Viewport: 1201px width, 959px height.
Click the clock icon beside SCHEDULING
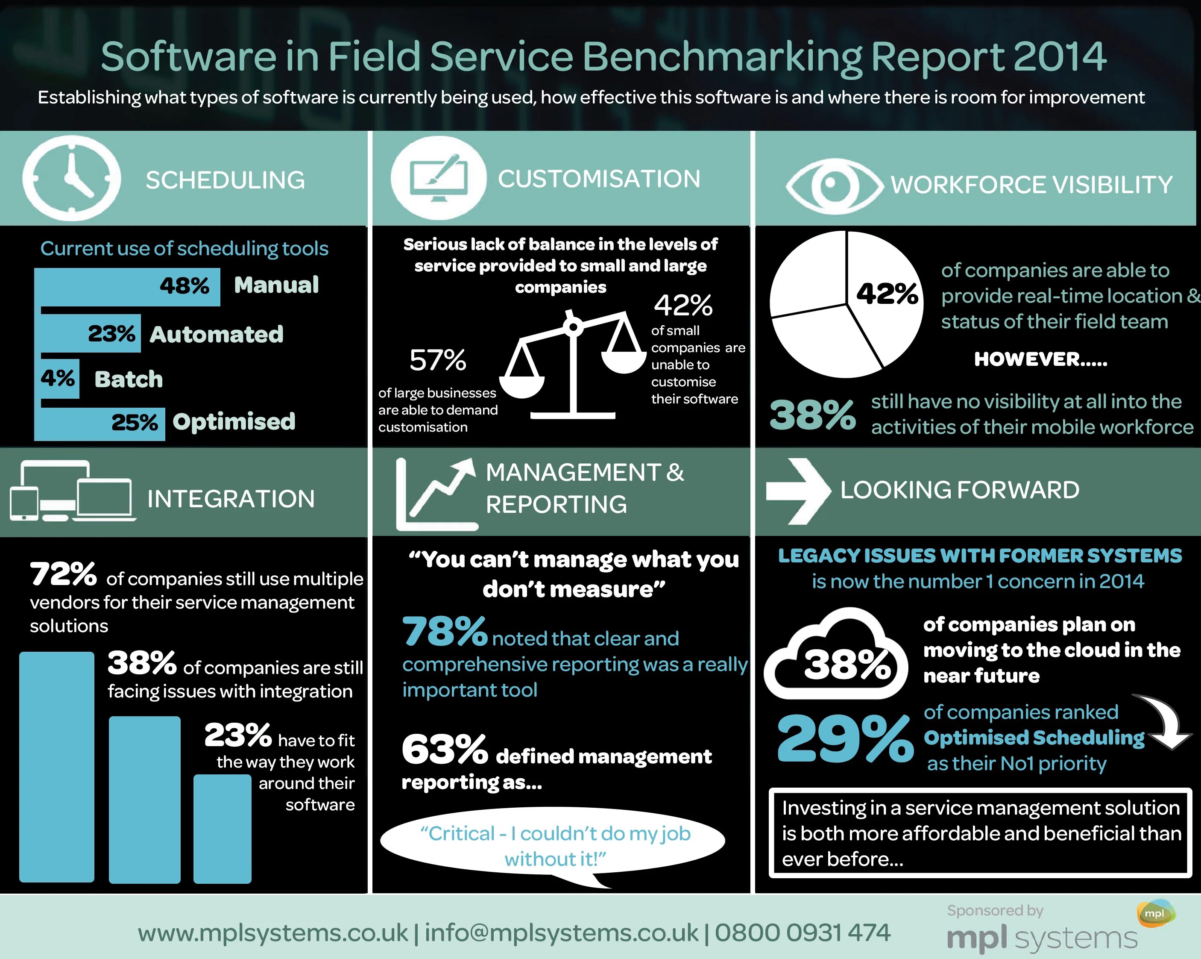71,178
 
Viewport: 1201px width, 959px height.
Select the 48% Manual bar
127,286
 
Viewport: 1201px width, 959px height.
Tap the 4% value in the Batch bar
57,378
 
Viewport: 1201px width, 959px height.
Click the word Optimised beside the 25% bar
234,422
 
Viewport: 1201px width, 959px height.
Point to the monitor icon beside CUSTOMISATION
438,178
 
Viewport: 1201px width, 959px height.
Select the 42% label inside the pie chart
886,293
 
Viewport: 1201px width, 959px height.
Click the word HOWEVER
1040,359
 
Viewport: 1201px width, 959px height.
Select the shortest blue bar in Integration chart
222,829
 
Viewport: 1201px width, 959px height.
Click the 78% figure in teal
445,632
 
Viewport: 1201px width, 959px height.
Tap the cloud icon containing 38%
835,655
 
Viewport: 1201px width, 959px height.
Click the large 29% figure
844,739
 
